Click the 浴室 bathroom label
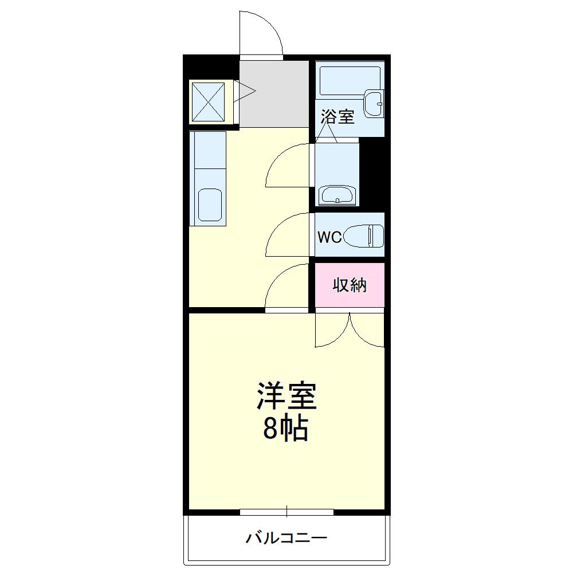click(x=337, y=117)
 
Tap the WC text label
click(x=329, y=237)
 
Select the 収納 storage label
click(x=350, y=285)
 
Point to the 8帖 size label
click(x=286, y=428)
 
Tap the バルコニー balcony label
click(x=286, y=538)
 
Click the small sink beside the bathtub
click(x=375, y=103)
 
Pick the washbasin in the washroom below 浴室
click(x=337, y=195)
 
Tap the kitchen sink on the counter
click(x=209, y=205)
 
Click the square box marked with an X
click(x=207, y=101)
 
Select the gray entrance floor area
click(x=274, y=95)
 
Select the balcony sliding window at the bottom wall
click(x=286, y=512)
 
